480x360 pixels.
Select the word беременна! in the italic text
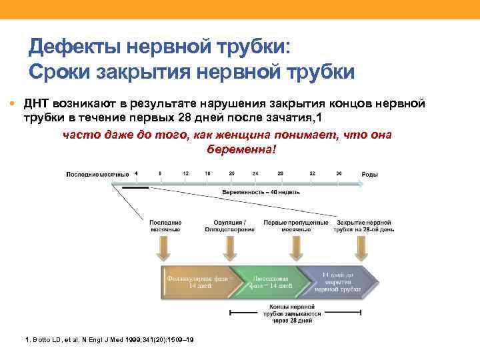point(241,148)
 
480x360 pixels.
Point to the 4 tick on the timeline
point(136,173)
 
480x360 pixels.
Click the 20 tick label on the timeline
point(231,173)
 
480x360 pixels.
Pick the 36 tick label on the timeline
point(339,173)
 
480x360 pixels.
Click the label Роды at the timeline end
point(369,175)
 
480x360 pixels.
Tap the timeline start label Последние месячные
point(97,175)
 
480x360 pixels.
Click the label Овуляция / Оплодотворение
point(229,226)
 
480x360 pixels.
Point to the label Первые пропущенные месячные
point(295,226)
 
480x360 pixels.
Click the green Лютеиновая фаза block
point(270,281)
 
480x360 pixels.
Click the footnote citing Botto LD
point(109,340)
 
